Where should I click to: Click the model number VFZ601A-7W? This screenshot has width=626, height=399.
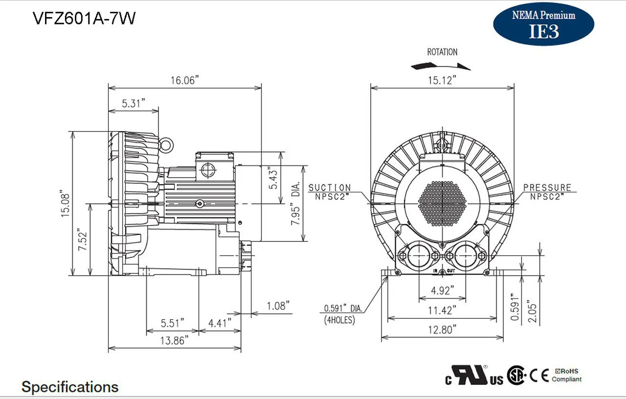[84, 18]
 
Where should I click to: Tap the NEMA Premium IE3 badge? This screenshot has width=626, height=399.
[543, 23]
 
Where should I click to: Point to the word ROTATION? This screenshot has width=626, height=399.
[442, 52]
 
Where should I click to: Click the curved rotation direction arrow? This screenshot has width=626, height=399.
[441, 66]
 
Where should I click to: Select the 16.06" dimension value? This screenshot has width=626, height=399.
[185, 80]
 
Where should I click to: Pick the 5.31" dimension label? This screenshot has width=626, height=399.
[134, 103]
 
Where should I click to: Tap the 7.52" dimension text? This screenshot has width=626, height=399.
[84, 240]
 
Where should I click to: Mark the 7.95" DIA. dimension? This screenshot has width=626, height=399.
[296, 203]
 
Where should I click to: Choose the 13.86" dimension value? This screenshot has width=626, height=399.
[174, 341]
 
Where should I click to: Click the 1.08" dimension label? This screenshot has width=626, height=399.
[278, 306]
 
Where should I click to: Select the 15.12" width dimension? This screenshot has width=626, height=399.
[442, 80]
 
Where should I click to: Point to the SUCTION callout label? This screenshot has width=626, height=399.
[330, 188]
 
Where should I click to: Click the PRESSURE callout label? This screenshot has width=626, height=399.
[547, 188]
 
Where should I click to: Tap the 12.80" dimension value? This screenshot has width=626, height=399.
[442, 329]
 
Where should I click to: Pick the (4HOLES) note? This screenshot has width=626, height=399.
[339, 320]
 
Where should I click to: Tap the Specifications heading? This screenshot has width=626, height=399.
[70, 387]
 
